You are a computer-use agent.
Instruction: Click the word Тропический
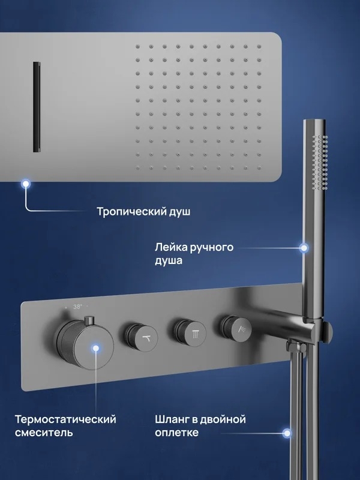(x=131, y=212)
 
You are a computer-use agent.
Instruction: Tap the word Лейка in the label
(x=170, y=247)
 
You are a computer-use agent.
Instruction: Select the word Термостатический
(x=65, y=419)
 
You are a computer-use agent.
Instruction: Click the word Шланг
(x=172, y=419)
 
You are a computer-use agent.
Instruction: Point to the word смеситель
(x=44, y=433)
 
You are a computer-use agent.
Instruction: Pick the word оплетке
(x=176, y=433)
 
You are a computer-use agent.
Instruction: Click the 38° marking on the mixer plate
(x=77, y=307)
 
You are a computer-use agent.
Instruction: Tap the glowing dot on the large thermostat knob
(x=96, y=348)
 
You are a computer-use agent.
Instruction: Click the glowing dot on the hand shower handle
(x=304, y=248)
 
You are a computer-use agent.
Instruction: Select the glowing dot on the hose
(x=287, y=433)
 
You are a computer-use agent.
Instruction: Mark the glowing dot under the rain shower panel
(x=26, y=184)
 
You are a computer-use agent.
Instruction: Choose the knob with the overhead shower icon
(x=190, y=333)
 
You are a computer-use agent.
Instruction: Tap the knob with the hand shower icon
(x=236, y=329)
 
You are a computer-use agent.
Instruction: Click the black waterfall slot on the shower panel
(x=37, y=107)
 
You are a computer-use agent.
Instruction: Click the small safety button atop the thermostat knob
(x=89, y=320)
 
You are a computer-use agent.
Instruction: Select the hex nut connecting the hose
(x=295, y=347)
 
